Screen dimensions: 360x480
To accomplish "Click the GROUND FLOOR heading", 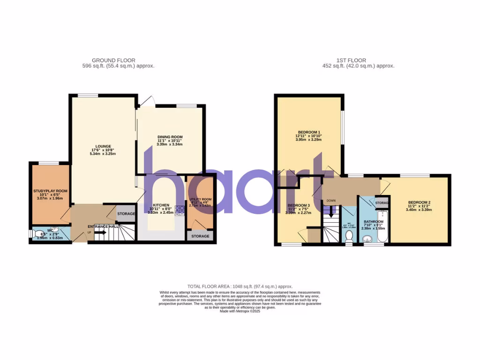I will point(113,60).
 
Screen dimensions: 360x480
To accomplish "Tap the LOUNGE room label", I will point(103,146).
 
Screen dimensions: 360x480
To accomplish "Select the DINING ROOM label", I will point(170,137).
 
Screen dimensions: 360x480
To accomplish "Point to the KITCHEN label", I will point(160,205).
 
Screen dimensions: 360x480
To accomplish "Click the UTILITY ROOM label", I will point(200,199).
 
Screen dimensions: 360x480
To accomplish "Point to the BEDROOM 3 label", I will point(299,206).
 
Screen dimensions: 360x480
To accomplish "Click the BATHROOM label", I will point(374,222).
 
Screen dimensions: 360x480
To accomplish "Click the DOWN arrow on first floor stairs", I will point(331,212).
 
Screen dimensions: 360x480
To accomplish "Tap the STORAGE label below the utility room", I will point(200,236).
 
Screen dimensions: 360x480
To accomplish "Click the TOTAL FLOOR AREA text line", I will point(240,286).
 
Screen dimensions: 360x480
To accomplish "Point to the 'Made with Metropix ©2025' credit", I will point(240,310).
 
